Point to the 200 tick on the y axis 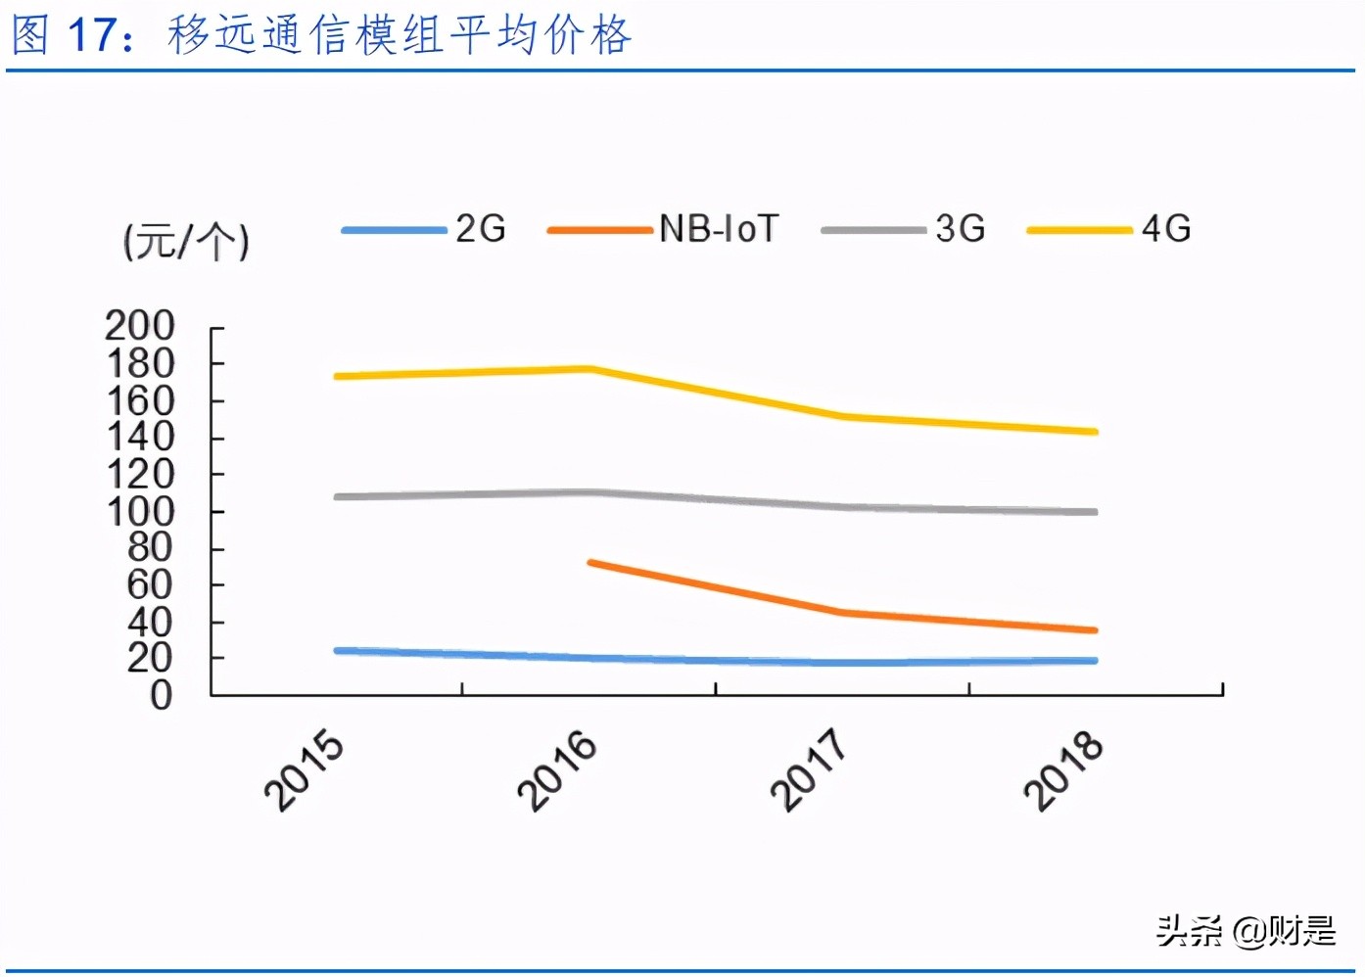pyautogui.click(x=140, y=326)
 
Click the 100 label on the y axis pyautogui.click(x=140, y=511)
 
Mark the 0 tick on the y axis pyautogui.click(x=161, y=695)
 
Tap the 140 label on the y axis pyautogui.click(x=140, y=437)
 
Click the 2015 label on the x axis pyautogui.click(x=305, y=770)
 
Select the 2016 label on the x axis pyautogui.click(x=557, y=770)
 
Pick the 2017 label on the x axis pyautogui.click(x=809, y=770)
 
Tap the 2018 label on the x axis pyautogui.click(x=1062, y=770)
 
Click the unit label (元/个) pyautogui.click(x=186, y=241)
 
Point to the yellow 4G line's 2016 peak pyautogui.click(x=589, y=369)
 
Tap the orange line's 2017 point pyautogui.click(x=842, y=613)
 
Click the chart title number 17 pyautogui.click(x=91, y=35)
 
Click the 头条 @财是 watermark pyautogui.click(x=1246, y=930)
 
